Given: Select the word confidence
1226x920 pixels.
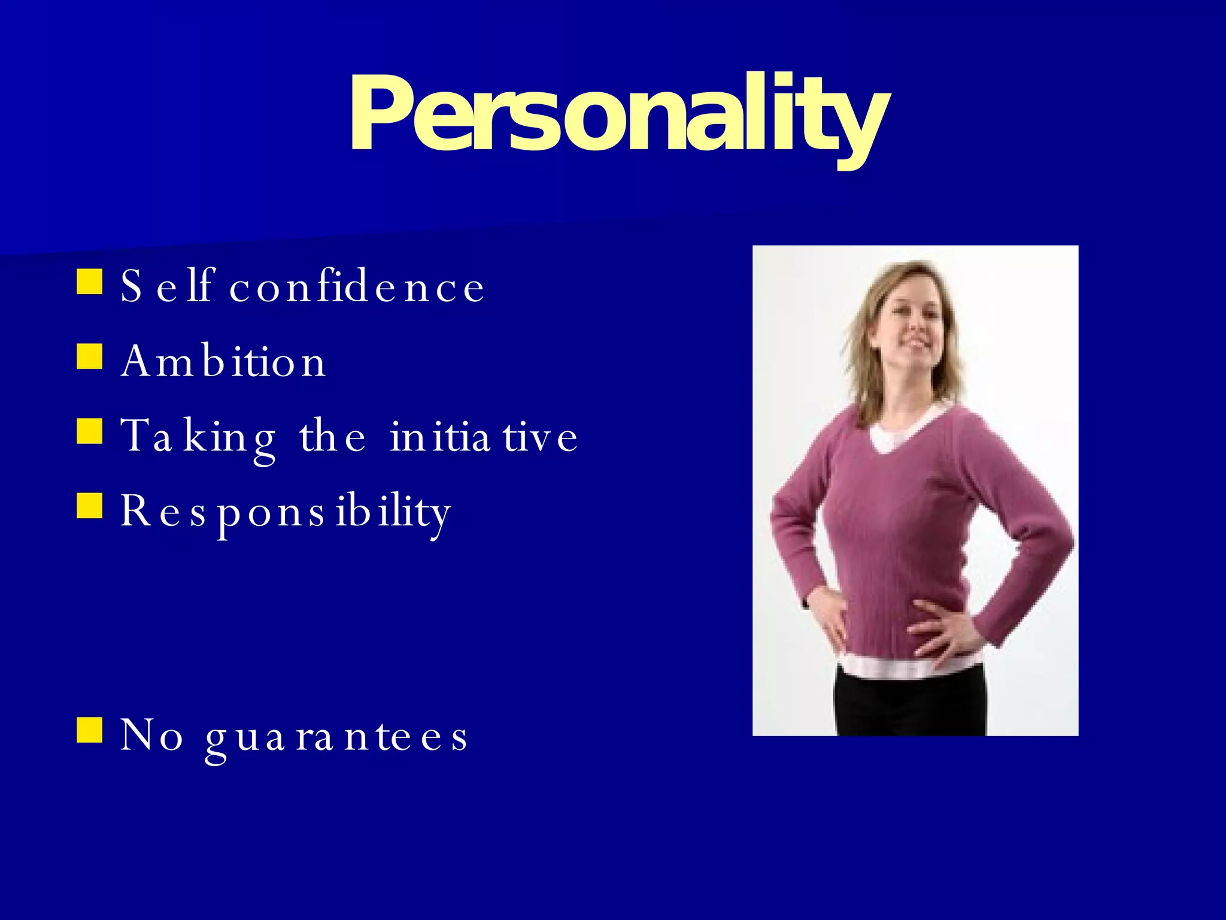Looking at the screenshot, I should point(357,286).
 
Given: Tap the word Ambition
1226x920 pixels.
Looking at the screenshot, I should point(223,361).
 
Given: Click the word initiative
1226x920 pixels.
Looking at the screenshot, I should point(484,436).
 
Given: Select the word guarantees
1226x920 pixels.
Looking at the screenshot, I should point(336,736).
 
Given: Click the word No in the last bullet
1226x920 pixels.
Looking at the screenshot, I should point(151,735).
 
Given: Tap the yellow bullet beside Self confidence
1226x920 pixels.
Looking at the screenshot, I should point(90,282).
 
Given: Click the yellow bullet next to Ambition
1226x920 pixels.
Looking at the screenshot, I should point(90,356).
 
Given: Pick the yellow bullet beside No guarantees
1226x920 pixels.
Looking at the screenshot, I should point(90,730).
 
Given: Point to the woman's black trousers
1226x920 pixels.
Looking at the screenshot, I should point(910,707).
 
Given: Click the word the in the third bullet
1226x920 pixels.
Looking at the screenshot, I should point(332,436).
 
